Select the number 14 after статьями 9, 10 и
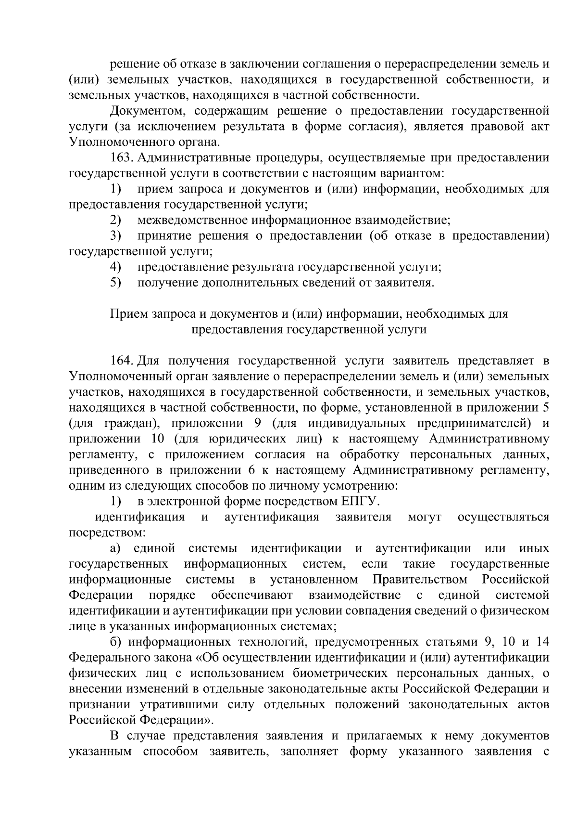(542, 642)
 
